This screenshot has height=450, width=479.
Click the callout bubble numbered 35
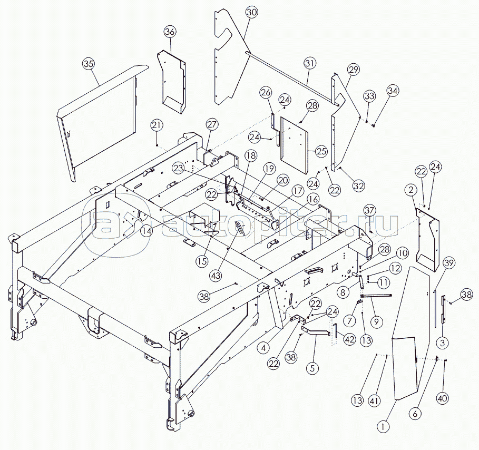click(89, 64)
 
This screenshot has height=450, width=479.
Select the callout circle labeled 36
click(170, 32)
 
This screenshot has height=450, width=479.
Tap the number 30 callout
click(252, 12)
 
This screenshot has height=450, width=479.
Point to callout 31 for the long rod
click(310, 64)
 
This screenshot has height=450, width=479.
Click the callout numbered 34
click(393, 91)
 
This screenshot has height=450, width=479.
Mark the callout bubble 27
click(212, 125)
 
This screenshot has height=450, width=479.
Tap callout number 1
click(384, 424)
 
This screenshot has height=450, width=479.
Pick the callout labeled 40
click(443, 399)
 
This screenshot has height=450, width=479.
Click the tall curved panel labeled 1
click(408, 337)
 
